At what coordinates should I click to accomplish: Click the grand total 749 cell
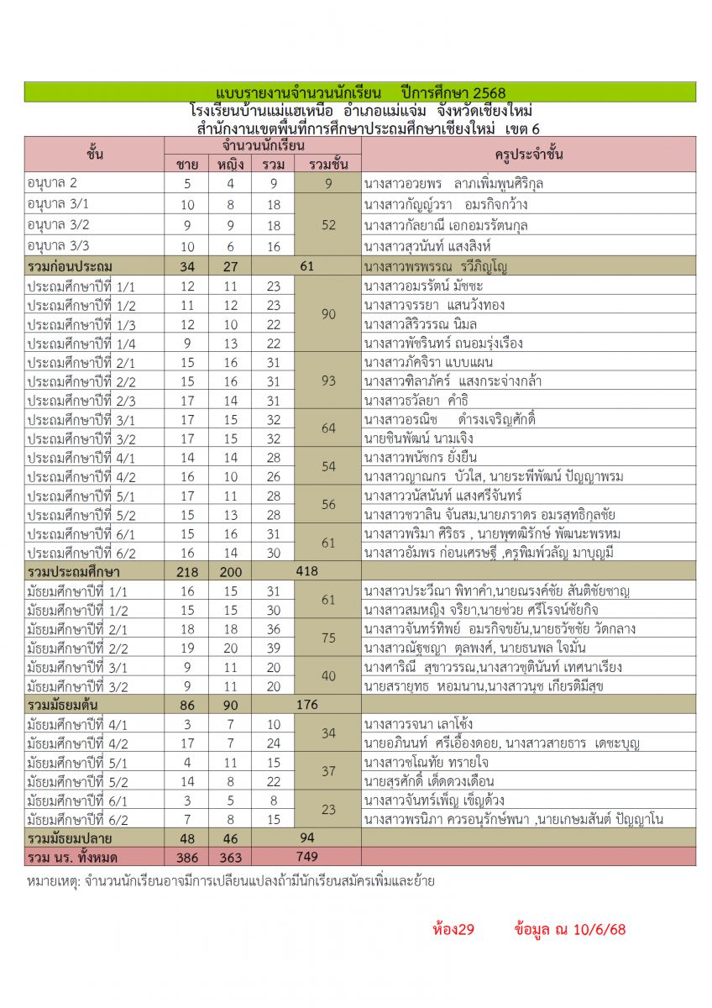pyautogui.click(x=306, y=857)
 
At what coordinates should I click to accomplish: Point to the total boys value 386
pyautogui.click(x=187, y=857)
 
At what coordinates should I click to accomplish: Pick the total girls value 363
pyautogui.click(x=230, y=857)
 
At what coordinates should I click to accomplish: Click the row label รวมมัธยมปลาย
pyautogui.click(x=71, y=838)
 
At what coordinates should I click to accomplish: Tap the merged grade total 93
pyautogui.click(x=328, y=381)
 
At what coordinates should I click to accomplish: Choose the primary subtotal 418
pyautogui.click(x=306, y=572)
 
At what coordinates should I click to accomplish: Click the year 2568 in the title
pyautogui.click(x=479, y=92)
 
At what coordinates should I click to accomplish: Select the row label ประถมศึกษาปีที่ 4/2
pyautogui.click(x=81, y=476)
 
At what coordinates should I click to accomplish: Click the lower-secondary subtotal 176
pyautogui.click(x=306, y=705)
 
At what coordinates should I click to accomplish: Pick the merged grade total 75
pyautogui.click(x=328, y=638)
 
